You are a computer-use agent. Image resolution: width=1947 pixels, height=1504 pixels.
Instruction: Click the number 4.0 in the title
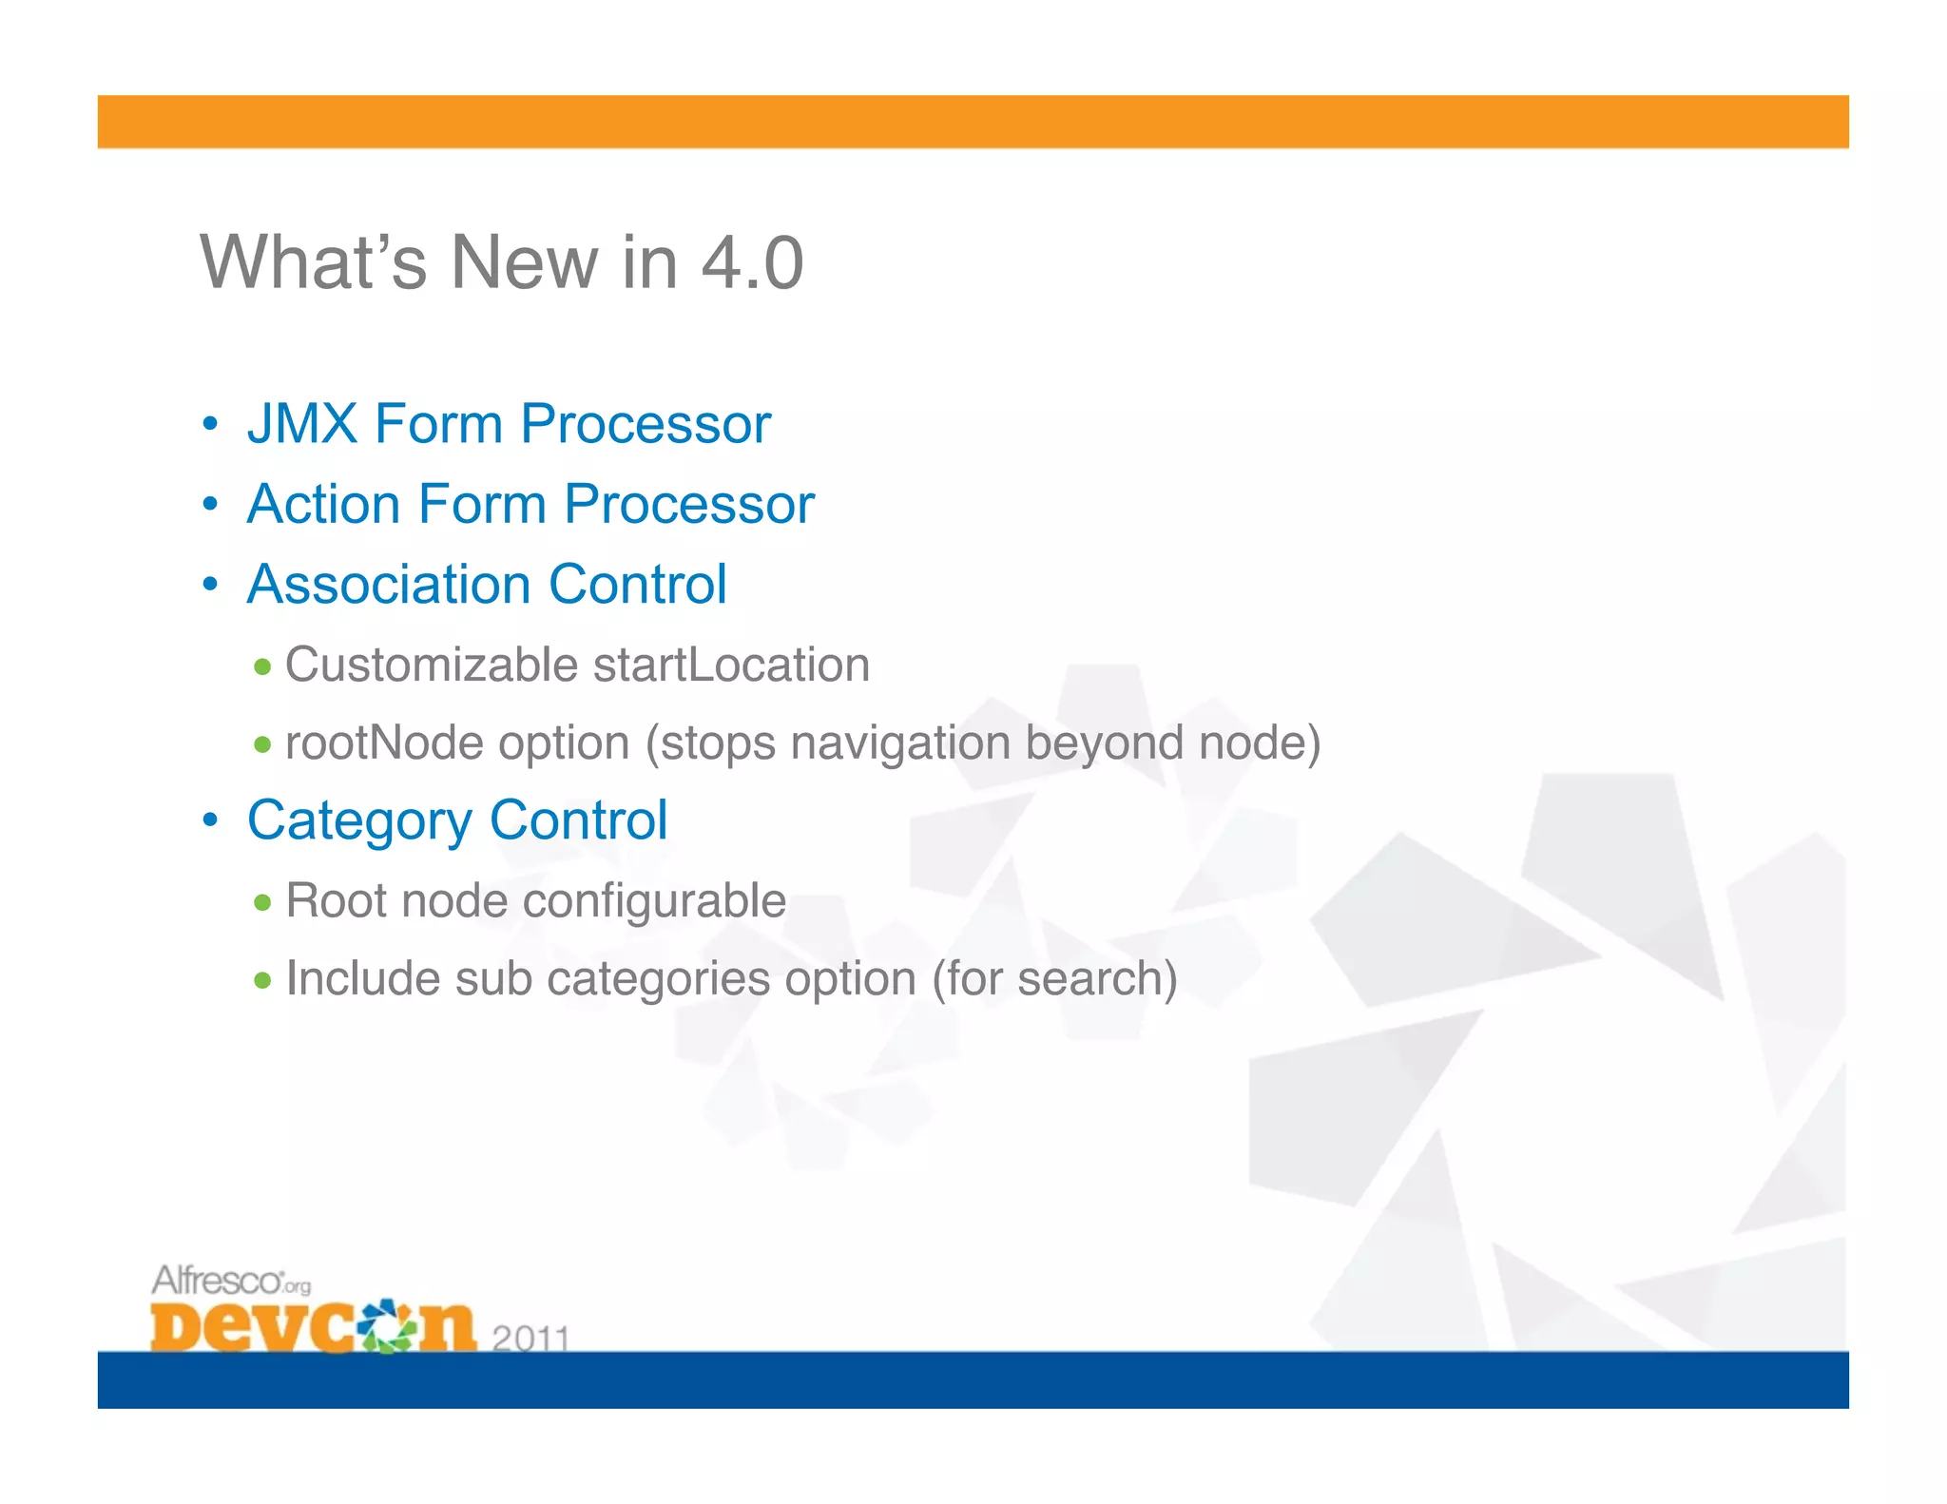pos(752,263)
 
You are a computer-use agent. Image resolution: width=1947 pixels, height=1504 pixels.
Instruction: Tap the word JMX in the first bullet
pos(302,424)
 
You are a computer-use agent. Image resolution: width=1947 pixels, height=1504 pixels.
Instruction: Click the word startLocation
pos(731,665)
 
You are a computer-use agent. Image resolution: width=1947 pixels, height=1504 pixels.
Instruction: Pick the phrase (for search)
pos(1054,978)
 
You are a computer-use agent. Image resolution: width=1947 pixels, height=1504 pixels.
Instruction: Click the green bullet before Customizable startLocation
pos(263,666)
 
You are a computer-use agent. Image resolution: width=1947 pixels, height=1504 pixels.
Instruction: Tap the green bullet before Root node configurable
pos(263,902)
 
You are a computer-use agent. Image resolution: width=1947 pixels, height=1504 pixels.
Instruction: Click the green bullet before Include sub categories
pos(263,980)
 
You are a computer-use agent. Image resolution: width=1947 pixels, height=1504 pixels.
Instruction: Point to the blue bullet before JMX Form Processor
pos(211,424)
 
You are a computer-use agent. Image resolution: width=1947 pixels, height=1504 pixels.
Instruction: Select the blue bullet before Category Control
pos(211,819)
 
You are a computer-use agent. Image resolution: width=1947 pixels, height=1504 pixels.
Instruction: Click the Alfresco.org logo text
pos(231,1281)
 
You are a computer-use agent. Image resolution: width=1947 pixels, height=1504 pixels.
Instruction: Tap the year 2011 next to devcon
pos(530,1338)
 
